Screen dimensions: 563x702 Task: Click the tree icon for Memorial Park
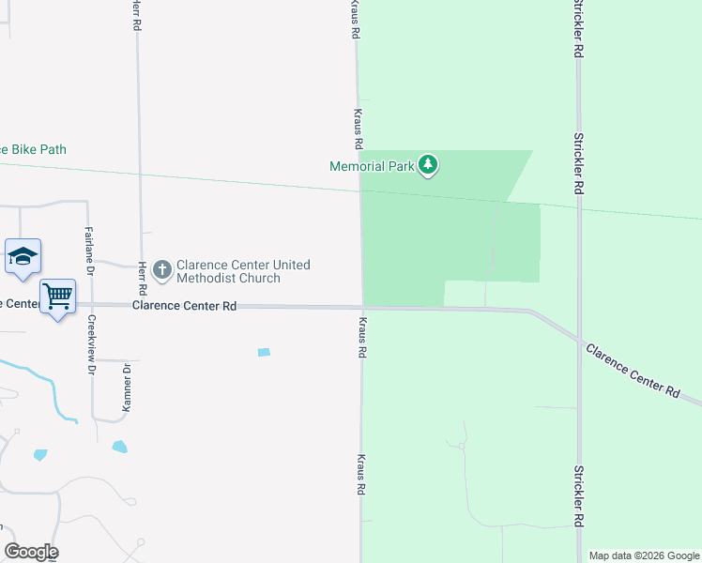tap(428, 166)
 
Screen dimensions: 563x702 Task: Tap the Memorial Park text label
tap(372, 166)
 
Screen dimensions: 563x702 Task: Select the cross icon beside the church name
tap(161, 271)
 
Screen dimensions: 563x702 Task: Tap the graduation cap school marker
tap(23, 256)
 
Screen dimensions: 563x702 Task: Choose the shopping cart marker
tap(58, 297)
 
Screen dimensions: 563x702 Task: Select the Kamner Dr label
tap(127, 388)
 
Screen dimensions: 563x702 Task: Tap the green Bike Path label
tap(34, 149)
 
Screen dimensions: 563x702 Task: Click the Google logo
tap(31, 552)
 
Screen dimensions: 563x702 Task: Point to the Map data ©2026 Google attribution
tap(644, 555)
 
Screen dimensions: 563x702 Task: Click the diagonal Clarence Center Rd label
tap(633, 371)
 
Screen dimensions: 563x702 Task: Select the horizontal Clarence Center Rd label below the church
tap(184, 306)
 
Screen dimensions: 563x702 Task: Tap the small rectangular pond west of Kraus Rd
tap(264, 353)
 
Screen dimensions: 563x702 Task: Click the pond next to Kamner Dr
tap(120, 447)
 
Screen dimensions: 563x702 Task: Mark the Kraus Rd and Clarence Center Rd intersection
tap(361, 307)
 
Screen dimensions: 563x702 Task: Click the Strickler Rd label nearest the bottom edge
tap(578, 495)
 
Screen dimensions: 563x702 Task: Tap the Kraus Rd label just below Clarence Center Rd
tap(361, 338)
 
